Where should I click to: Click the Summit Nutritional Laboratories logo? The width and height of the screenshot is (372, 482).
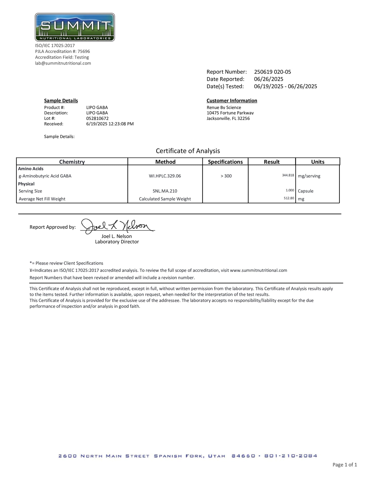coord(75,27)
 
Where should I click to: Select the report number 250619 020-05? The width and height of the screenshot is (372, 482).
coord(272,72)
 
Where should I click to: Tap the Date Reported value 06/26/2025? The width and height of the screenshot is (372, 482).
coord(269,79)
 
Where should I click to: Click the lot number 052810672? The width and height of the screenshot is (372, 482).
coord(97,118)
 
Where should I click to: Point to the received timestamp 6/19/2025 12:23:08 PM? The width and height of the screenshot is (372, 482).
coord(110,124)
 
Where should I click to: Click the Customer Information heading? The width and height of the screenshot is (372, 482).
coord(232,101)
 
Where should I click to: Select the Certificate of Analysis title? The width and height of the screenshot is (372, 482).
coord(188,151)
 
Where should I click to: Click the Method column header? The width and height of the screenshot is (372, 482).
coord(165,162)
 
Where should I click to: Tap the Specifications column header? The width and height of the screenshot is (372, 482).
coord(225,162)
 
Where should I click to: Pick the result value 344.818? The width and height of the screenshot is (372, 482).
coord(288,175)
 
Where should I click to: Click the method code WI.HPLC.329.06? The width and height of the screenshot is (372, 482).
coord(165,176)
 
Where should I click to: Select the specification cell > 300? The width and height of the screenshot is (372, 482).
coord(226,176)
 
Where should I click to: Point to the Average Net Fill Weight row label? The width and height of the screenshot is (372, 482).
coord(42,199)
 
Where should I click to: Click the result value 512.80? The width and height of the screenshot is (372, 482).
coord(289,198)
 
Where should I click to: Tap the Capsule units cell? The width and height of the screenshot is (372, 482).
coord(306,191)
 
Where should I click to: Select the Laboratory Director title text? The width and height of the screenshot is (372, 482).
coord(117,242)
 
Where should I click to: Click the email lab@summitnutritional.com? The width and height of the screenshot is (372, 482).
coord(63,63)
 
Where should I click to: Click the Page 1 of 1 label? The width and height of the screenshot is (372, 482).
coord(345,465)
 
